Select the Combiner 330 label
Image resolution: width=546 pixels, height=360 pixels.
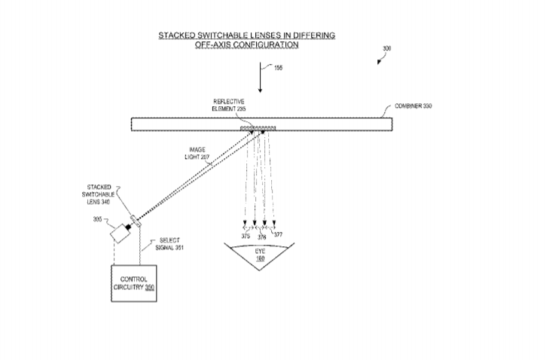(413, 106)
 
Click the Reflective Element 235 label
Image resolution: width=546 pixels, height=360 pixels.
(229, 105)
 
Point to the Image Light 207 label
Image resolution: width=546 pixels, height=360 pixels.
(197, 154)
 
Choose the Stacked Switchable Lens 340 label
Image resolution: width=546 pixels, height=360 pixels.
(98, 194)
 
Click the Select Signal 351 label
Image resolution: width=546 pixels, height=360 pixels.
(169, 244)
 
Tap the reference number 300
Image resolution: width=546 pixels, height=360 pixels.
(387, 48)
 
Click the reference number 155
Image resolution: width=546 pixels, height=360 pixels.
(278, 68)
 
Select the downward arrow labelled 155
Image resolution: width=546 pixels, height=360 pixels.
(260, 78)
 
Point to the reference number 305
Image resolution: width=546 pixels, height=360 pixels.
(97, 219)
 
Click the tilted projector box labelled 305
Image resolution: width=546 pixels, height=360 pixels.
(120, 233)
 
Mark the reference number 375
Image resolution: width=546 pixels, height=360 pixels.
(246, 236)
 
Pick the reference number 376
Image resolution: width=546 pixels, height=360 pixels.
(261, 237)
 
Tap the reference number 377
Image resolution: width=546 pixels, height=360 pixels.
(278, 235)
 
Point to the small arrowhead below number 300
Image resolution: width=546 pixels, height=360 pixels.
(379, 62)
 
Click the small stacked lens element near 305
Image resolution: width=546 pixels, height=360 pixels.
(135, 221)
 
